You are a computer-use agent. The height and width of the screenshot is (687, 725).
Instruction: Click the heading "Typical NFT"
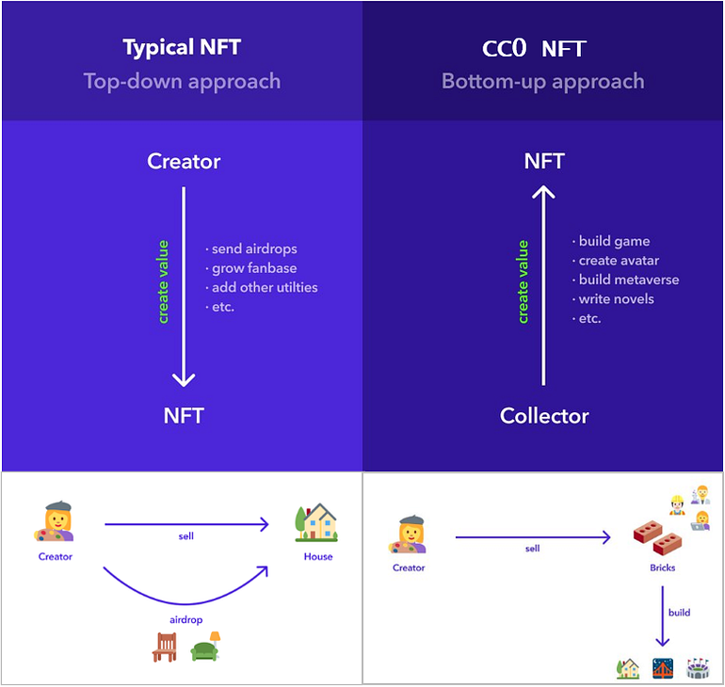(182, 47)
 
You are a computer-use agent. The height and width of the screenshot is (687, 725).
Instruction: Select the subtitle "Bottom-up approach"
(543, 81)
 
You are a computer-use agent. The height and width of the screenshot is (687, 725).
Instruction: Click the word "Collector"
(544, 416)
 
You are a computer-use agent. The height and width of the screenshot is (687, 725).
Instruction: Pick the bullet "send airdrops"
(251, 248)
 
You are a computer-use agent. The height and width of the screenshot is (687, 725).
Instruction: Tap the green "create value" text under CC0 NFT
(524, 281)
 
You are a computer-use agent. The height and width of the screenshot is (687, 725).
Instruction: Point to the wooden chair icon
(164, 647)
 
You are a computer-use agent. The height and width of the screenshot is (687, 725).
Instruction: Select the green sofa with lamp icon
(207, 647)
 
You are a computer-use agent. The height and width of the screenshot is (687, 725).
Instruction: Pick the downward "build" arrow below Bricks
(663, 616)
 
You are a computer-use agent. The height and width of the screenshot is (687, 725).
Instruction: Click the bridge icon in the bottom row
(663, 668)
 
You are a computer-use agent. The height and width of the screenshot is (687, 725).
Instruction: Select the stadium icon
(698, 668)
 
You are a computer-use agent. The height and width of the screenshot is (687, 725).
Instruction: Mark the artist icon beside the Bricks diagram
(408, 535)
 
